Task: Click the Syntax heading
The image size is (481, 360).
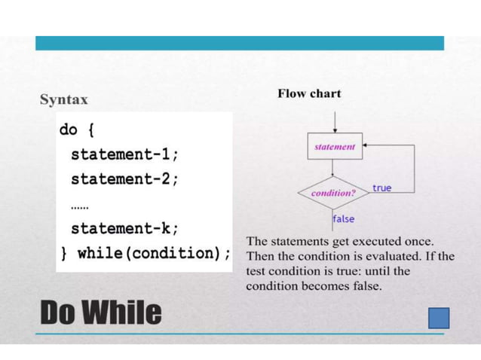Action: click(x=63, y=99)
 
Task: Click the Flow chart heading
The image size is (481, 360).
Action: click(x=309, y=93)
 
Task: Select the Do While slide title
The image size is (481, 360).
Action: click(x=100, y=312)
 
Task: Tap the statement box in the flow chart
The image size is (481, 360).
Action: click(x=334, y=147)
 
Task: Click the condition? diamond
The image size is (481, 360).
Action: click(x=333, y=193)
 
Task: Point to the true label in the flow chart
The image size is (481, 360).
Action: click(x=381, y=188)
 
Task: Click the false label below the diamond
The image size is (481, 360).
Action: click(x=344, y=218)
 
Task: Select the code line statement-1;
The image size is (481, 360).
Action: click(x=125, y=154)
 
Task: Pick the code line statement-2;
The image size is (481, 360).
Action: click(x=125, y=179)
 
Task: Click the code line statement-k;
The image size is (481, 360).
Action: click(x=125, y=227)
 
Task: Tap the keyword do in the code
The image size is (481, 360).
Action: click(x=69, y=130)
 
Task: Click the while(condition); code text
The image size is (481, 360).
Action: click(x=154, y=252)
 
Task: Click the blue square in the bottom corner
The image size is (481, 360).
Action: click(x=438, y=318)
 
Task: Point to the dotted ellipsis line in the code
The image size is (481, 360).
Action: click(x=79, y=204)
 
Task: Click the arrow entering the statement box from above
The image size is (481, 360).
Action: click(x=334, y=121)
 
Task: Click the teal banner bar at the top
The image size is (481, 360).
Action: click(x=240, y=43)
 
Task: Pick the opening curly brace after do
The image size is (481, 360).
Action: click(x=90, y=130)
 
